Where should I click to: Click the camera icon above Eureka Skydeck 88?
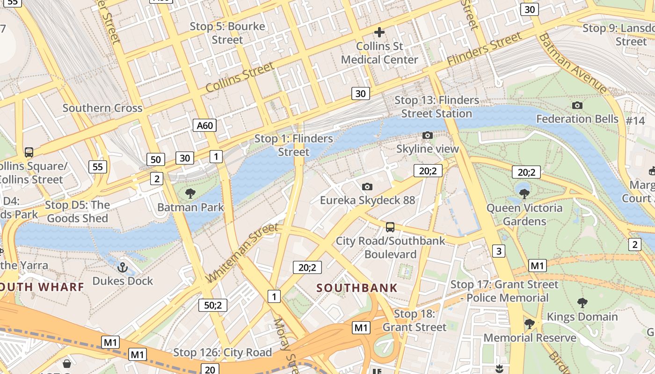[367, 187]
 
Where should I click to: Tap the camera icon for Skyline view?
[427, 136]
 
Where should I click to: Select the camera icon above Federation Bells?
[577, 105]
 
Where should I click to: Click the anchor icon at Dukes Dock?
[122, 267]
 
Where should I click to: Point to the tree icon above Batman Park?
[190, 193]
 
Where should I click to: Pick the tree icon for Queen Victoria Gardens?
[524, 194]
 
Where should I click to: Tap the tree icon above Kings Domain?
[582, 303]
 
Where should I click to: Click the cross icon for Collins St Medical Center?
[379, 32]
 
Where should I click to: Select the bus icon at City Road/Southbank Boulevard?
[390, 227]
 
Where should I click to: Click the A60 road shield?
[204, 125]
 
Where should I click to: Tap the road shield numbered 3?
[499, 251]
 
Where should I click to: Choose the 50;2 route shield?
[213, 305]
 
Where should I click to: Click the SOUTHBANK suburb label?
[357, 288]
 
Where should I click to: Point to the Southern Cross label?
[102, 108]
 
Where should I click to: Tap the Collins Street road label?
[240, 77]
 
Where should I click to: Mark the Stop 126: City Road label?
[222, 352]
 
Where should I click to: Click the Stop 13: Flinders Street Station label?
[437, 107]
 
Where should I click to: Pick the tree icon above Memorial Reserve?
[529, 324]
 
